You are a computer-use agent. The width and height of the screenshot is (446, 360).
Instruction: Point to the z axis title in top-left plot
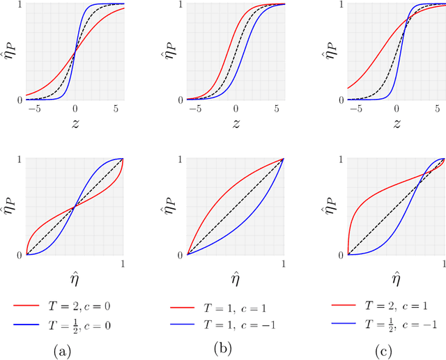(75, 124)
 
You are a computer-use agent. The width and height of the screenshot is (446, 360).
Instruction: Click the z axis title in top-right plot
(396, 124)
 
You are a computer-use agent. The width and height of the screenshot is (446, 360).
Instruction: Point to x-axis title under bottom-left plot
(75, 283)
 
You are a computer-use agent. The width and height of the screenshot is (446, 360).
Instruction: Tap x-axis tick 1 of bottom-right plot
(444, 264)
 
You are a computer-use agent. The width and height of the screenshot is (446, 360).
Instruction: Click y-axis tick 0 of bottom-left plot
(19, 255)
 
